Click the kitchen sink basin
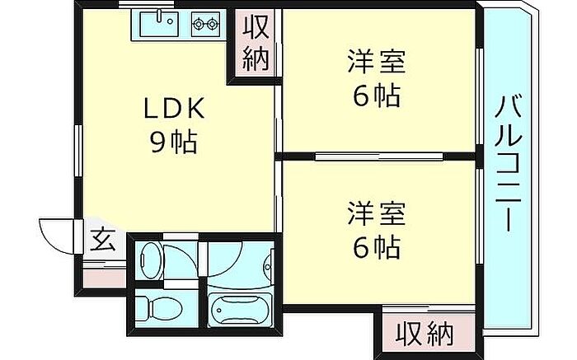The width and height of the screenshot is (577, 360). tap(159, 24)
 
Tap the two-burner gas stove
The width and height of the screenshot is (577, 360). tap(206, 24)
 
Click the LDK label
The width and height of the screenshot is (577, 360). tap(174, 109)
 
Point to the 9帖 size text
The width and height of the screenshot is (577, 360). tap(174, 142)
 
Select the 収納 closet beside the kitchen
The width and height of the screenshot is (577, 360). tap(256, 43)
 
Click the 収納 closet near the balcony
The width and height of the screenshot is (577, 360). tap(425, 334)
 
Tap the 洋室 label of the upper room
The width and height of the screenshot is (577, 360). tap(377, 62)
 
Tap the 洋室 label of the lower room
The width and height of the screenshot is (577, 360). tap(377, 213)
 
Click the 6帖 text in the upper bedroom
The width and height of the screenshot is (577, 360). tap(377, 96)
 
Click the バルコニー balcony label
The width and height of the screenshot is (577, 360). tap(509, 162)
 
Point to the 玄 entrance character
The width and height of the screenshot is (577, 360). tap(103, 240)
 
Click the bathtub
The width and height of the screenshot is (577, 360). tap(239, 310)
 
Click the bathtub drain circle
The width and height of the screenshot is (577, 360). tap(219, 310)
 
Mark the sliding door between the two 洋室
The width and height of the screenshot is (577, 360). tap(379, 157)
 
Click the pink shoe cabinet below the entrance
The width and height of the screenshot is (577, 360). tap(105, 278)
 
